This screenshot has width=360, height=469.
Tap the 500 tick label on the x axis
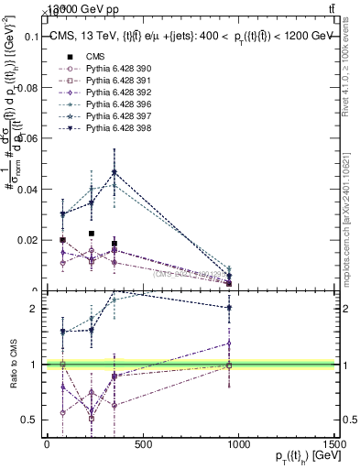tap(142, 444)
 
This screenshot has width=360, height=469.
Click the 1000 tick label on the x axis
tap(238, 444)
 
